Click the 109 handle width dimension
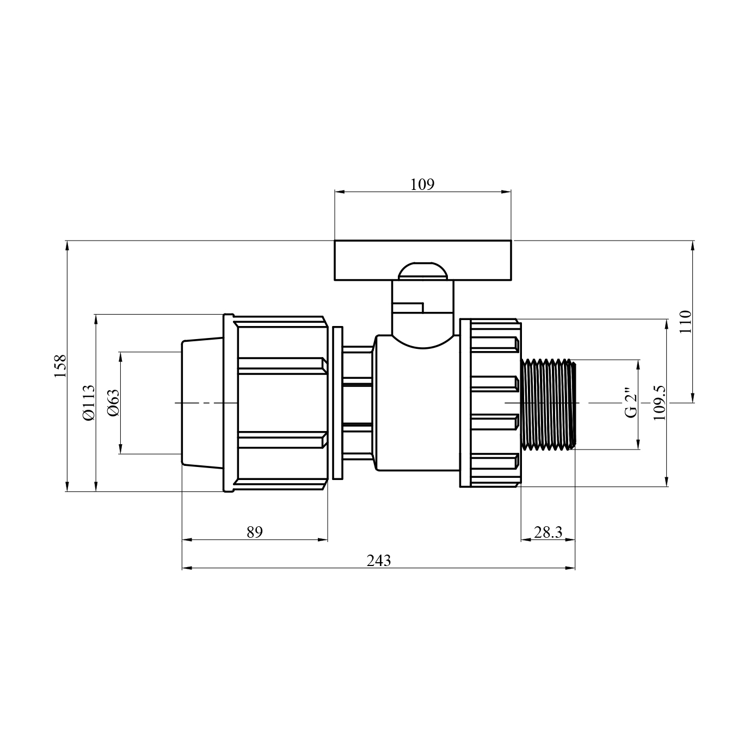(422, 185)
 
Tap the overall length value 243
(379, 560)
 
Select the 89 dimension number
(254, 532)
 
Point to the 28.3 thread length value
(548, 532)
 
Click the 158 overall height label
(60, 366)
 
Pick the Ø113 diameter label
(88, 403)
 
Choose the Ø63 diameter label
(114, 403)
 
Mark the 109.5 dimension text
(660, 403)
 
